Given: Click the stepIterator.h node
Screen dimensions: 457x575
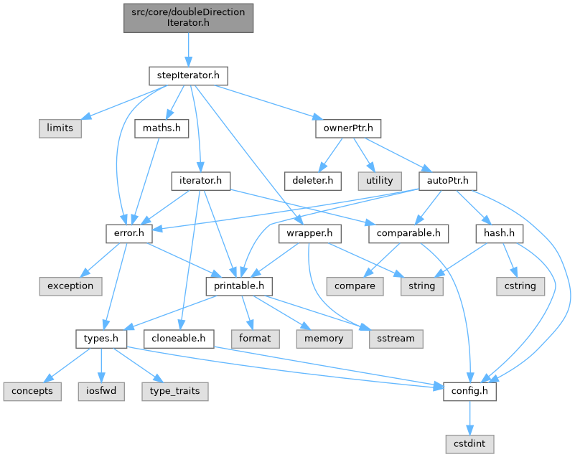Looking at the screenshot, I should pos(188,75).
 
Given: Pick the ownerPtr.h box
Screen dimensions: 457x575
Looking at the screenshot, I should pos(347,128).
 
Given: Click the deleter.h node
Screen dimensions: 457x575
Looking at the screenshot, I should pos(312,180).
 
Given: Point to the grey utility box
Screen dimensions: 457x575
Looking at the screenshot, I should pos(380,180).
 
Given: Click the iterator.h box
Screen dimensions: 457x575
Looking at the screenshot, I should pos(200,180).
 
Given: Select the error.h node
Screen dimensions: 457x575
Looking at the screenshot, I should pos(126,233).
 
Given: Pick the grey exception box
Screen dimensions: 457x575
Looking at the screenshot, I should pos(70,286).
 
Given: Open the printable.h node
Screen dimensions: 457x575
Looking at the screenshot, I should pos(240,286).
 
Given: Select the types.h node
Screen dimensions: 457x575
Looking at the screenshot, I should pos(97,338).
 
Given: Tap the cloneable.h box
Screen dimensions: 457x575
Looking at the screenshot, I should pos(179,338).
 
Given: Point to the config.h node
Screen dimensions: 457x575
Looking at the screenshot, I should pos(470,391).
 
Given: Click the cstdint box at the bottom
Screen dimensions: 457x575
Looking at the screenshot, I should pos(470,444).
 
